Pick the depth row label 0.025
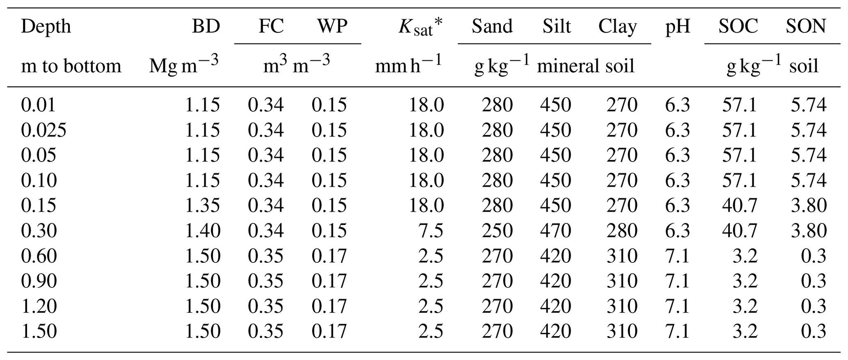(x=43, y=130)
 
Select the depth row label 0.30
(x=39, y=231)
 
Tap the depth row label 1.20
(x=39, y=306)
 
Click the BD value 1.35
(x=203, y=205)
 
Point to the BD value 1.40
(x=203, y=231)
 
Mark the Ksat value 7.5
(x=431, y=231)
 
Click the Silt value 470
(x=555, y=231)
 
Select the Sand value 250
(x=497, y=231)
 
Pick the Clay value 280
(x=622, y=231)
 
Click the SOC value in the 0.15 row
(x=739, y=205)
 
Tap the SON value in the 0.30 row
(x=809, y=231)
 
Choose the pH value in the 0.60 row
(x=677, y=256)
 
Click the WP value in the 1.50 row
(x=329, y=331)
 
